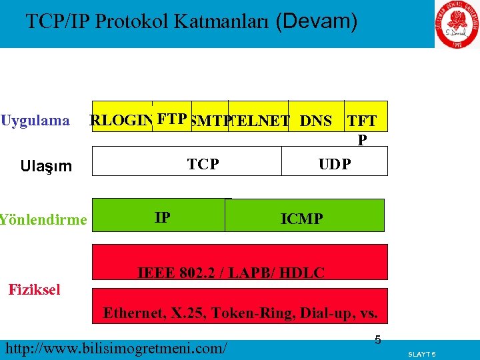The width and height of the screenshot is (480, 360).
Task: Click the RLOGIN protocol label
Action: pos(120,121)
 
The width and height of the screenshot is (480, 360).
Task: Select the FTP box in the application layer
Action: pos(172,118)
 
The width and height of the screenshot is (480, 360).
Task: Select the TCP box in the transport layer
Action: pos(203,163)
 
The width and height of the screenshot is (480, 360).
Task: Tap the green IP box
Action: pos(161,217)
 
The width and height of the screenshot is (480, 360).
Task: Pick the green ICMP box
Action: pos(302,218)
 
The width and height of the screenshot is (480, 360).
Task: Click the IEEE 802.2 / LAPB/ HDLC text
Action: pos(231,272)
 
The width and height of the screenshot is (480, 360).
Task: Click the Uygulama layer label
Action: pos(35,121)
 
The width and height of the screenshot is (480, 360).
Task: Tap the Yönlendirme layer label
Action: pos(43,219)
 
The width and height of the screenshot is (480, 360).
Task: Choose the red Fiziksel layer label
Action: pos(34,289)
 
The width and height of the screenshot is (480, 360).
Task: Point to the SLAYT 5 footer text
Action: pos(421,353)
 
